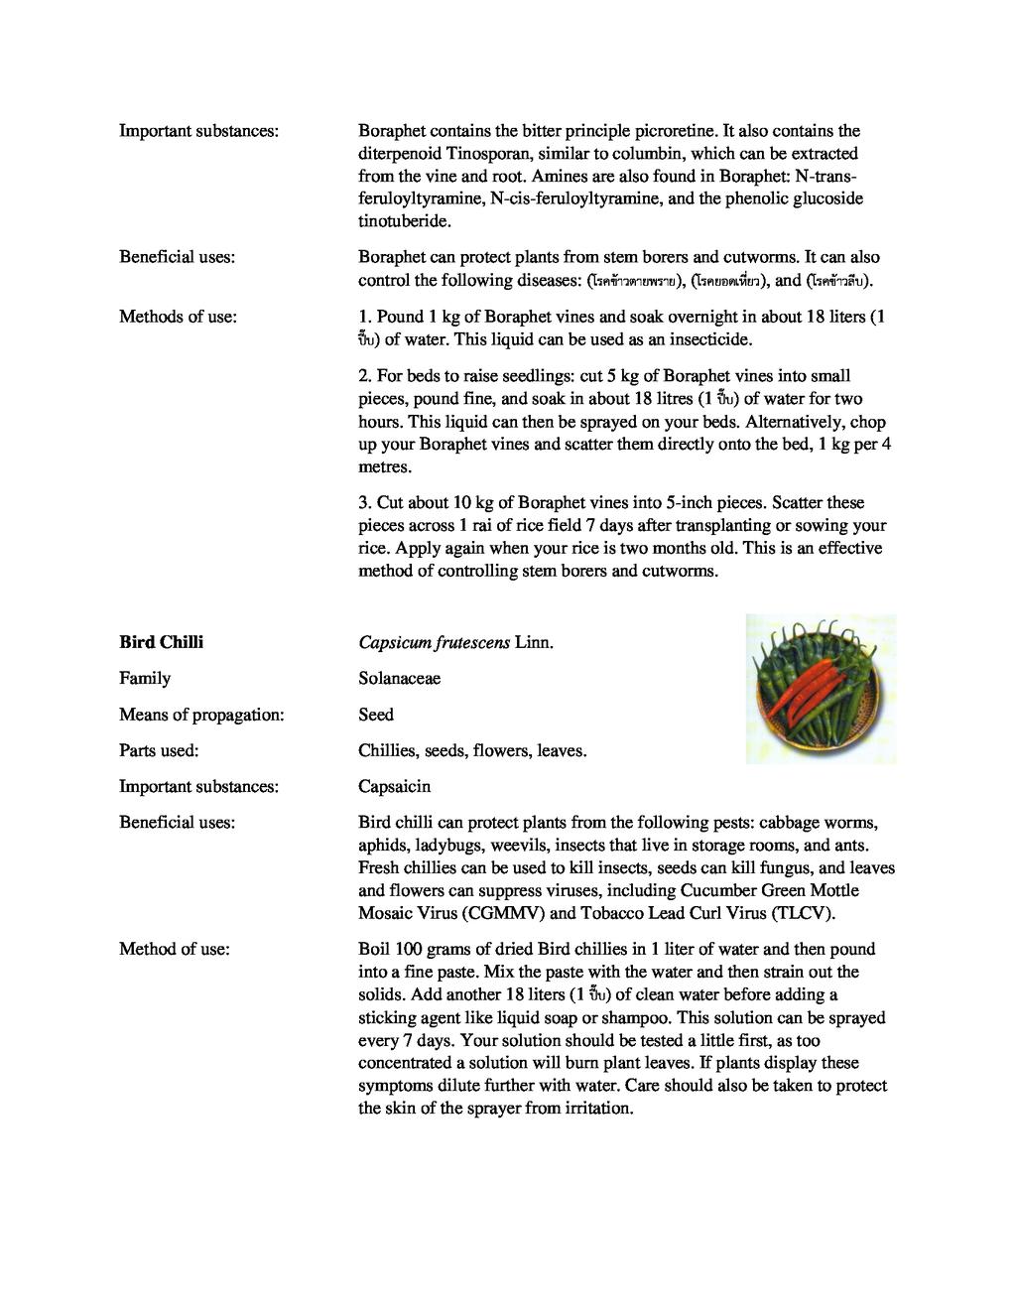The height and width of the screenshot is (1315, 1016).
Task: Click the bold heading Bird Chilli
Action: pyautogui.click(x=161, y=642)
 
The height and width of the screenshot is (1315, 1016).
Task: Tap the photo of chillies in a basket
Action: pyautogui.click(x=821, y=689)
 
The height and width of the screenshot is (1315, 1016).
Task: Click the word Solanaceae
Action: pyautogui.click(x=399, y=679)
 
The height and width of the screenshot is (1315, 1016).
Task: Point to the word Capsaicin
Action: pyautogui.click(x=395, y=787)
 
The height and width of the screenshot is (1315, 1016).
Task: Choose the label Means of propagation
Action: pyautogui.click(x=201, y=715)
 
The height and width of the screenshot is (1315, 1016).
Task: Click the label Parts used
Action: pyautogui.click(x=159, y=751)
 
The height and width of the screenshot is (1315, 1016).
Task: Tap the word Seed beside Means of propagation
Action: pyautogui.click(x=376, y=715)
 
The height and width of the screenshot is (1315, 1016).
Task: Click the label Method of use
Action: pyautogui.click(x=175, y=950)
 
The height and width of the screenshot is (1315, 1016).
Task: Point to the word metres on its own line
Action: pyautogui.click(x=383, y=466)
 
